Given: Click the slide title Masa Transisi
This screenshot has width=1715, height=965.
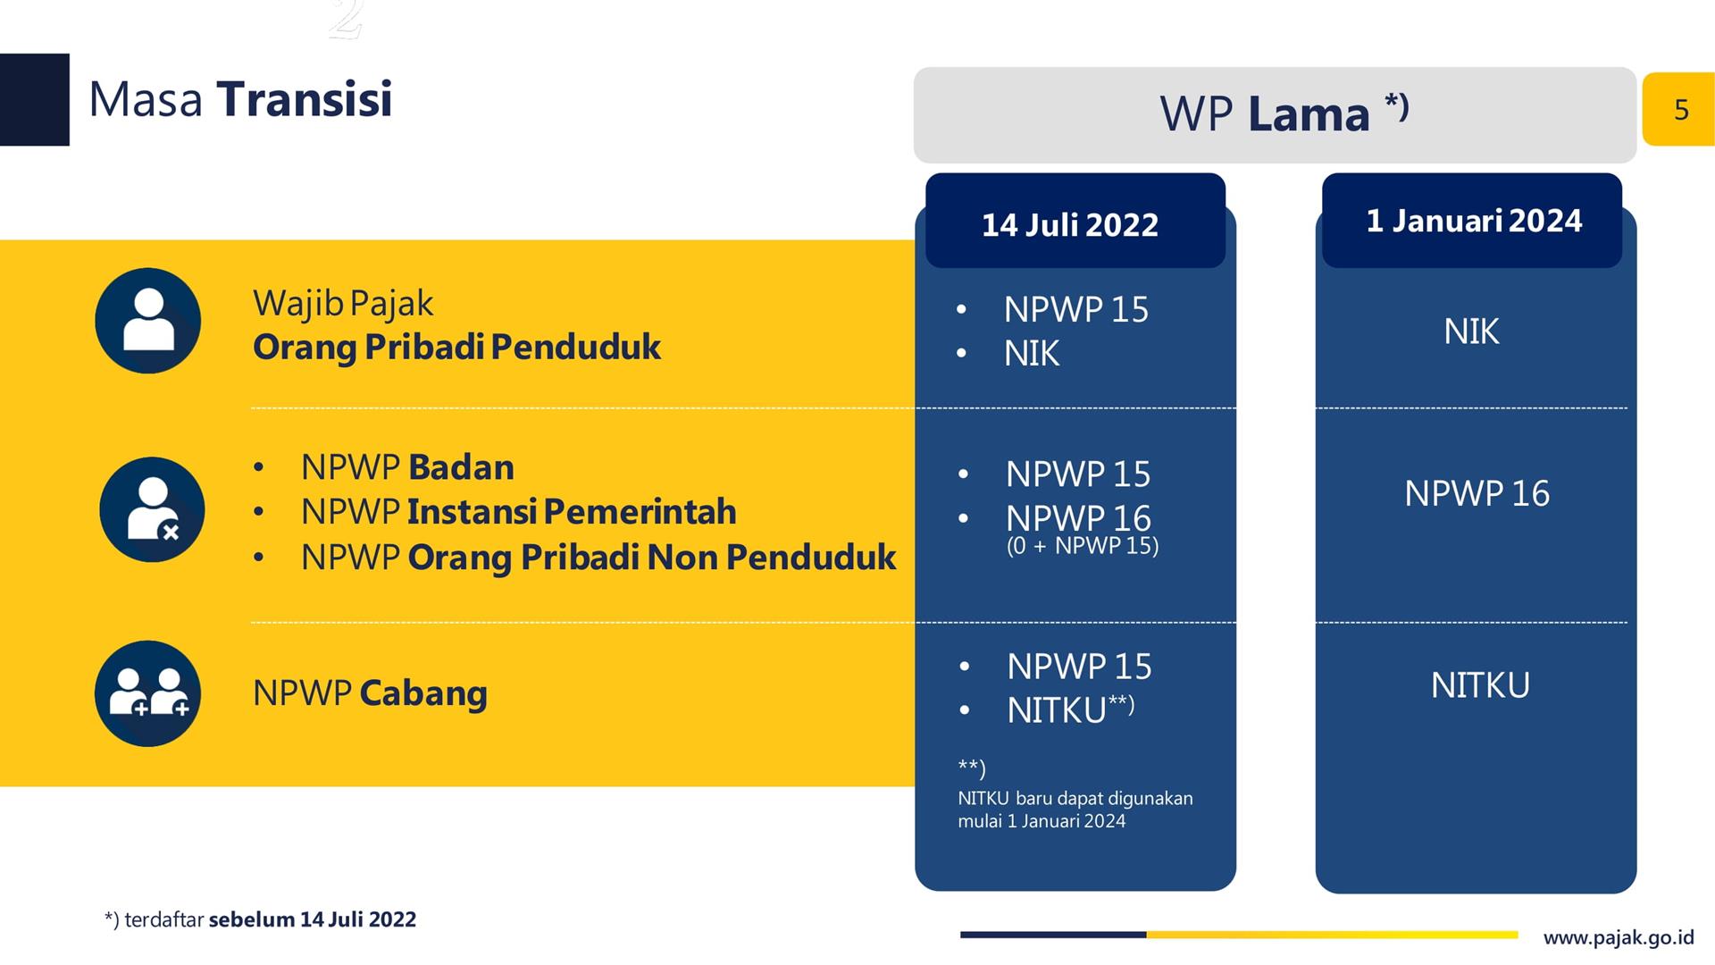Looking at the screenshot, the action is [x=240, y=99].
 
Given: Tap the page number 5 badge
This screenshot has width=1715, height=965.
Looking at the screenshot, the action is [x=1679, y=109].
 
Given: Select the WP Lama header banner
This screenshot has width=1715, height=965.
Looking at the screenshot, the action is [x=1275, y=114].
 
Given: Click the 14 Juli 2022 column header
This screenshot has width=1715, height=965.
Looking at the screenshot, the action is [x=1075, y=221].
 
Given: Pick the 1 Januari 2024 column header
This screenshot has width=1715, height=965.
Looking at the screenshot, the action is [x=1472, y=221].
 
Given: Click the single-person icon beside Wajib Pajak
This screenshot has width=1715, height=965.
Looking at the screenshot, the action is [x=148, y=321].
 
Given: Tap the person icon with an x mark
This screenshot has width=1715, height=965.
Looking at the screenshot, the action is [x=152, y=509].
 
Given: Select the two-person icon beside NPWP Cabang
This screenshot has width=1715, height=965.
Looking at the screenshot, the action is [x=148, y=693].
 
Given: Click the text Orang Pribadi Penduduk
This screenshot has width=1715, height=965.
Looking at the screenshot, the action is [x=456, y=348].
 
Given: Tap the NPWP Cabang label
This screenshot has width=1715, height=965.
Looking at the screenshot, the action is [x=370, y=693].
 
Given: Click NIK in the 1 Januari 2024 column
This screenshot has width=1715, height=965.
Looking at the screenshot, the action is [x=1471, y=331].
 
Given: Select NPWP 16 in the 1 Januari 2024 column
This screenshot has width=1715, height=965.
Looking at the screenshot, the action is [x=1477, y=493].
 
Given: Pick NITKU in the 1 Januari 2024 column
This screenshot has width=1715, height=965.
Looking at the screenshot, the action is [x=1480, y=685].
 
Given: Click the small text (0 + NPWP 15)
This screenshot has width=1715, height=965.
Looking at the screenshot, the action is [x=1083, y=546].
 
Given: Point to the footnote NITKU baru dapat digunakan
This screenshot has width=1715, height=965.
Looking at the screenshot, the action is [x=1075, y=798].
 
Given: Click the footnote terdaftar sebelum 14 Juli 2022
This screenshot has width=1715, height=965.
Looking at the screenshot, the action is [x=260, y=919].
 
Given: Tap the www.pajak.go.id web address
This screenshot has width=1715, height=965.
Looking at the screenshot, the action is [x=1619, y=938].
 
